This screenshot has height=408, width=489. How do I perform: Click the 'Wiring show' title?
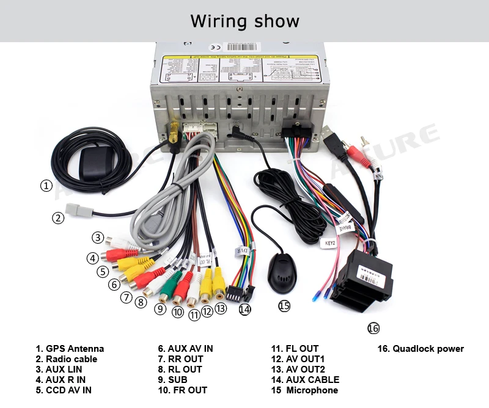tap(244, 21)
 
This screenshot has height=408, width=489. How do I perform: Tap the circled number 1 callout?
tap(46, 186)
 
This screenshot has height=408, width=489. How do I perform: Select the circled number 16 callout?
tap(373, 329)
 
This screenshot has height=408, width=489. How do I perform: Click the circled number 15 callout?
tap(284, 306)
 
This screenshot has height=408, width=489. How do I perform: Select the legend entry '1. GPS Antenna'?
tap(70, 349)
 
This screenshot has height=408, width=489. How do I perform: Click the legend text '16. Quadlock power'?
tap(419, 349)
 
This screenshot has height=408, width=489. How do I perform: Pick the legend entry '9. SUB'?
tap(172, 380)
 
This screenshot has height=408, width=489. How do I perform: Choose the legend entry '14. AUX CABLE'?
tap(305, 380)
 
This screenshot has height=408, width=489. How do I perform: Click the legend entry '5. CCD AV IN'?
tap(64, 390)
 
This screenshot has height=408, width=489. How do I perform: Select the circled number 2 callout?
tap(58, 217)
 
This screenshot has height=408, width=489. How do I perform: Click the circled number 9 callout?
tap(160, 309)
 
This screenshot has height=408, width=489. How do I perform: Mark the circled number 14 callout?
tap(244, 309)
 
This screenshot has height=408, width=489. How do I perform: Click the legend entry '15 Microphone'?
tap(304, 390)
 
